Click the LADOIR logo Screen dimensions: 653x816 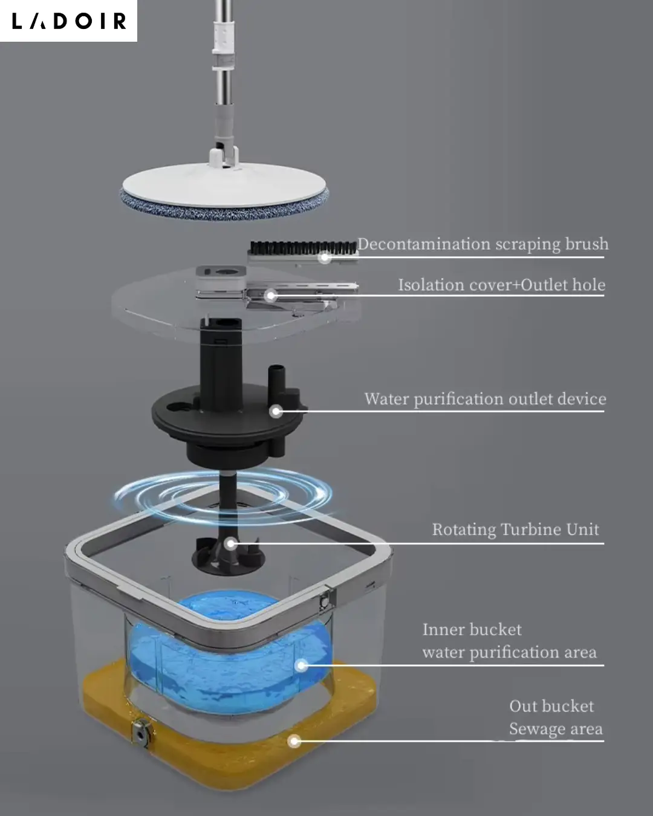point(69,21)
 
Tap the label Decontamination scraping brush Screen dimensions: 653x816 point(483,244)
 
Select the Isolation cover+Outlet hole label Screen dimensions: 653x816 point(502,285)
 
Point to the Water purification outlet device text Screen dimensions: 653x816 point(486,400)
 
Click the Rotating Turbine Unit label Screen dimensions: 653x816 point(516,529)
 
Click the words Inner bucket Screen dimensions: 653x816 point(472,629)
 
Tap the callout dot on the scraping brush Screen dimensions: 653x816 point(325,258)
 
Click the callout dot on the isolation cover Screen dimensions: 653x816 point(271,296)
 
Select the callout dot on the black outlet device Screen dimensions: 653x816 point(276,411)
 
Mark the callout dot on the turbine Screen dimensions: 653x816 point(230,544)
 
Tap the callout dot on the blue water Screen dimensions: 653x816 point(302,665)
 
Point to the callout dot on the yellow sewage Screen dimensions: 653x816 point(294,741)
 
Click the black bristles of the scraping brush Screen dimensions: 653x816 point(303,247)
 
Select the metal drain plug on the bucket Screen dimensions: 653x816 point(141,734)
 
